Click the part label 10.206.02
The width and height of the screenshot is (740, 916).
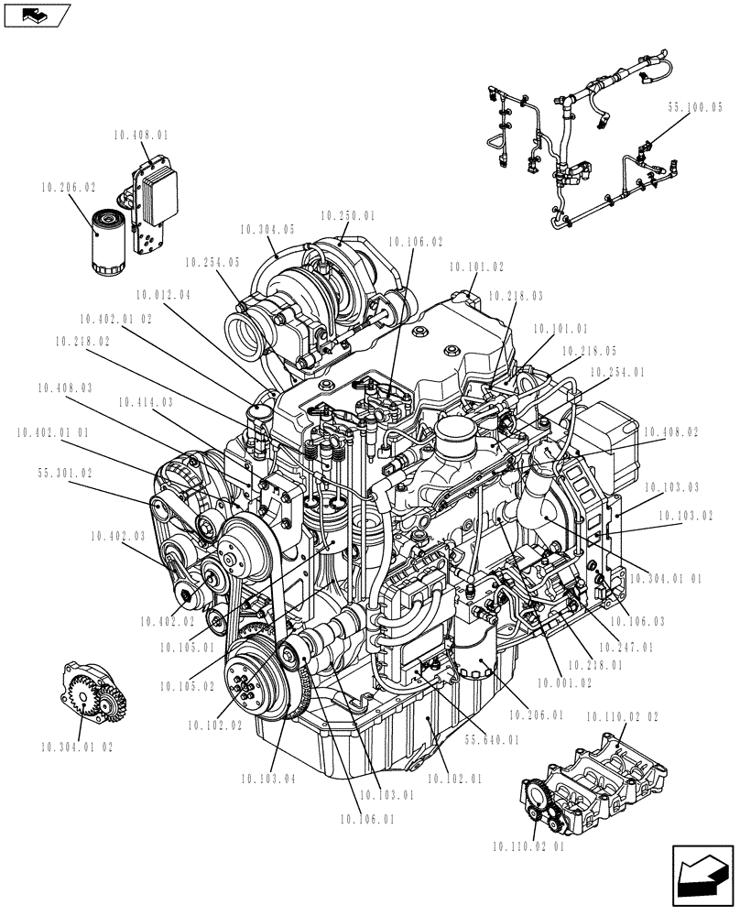tap(68, 186)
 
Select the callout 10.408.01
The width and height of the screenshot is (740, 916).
tap(141, 135)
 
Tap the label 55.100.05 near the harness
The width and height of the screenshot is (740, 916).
tap(695, 107)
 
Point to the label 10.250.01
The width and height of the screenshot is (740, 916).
tap(347, 215)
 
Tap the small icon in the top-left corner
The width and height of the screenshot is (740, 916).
tap(36, 15)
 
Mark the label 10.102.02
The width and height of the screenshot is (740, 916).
tap(214, 725)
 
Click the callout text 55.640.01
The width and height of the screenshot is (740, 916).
tap(492, 740)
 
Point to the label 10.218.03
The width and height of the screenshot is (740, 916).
tap(515, 296)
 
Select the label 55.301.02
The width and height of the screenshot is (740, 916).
tap(65, 474)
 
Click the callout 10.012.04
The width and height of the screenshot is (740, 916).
tap(162, 295)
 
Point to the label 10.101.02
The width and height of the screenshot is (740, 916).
tap(476, 267)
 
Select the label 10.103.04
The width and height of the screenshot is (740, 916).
tap(268, 780)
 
